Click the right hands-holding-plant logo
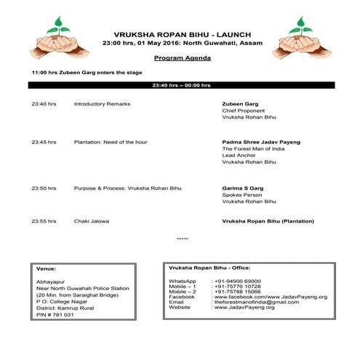(x=296, y=39)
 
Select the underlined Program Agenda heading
(x=183, y=57)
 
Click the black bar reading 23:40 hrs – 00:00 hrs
(x=181, y=85)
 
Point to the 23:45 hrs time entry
(x=44, y=142)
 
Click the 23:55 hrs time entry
(x=44, y=220)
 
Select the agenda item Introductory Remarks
(x=102, y=104)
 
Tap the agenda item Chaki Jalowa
(x=91, y=220)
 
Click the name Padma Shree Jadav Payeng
(x=260, y=142)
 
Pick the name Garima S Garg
(x=243, y=188)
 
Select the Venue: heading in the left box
(x=46, y=267)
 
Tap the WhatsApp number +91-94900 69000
(x=241, y=281)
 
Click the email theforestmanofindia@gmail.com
(x=257, y=302)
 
